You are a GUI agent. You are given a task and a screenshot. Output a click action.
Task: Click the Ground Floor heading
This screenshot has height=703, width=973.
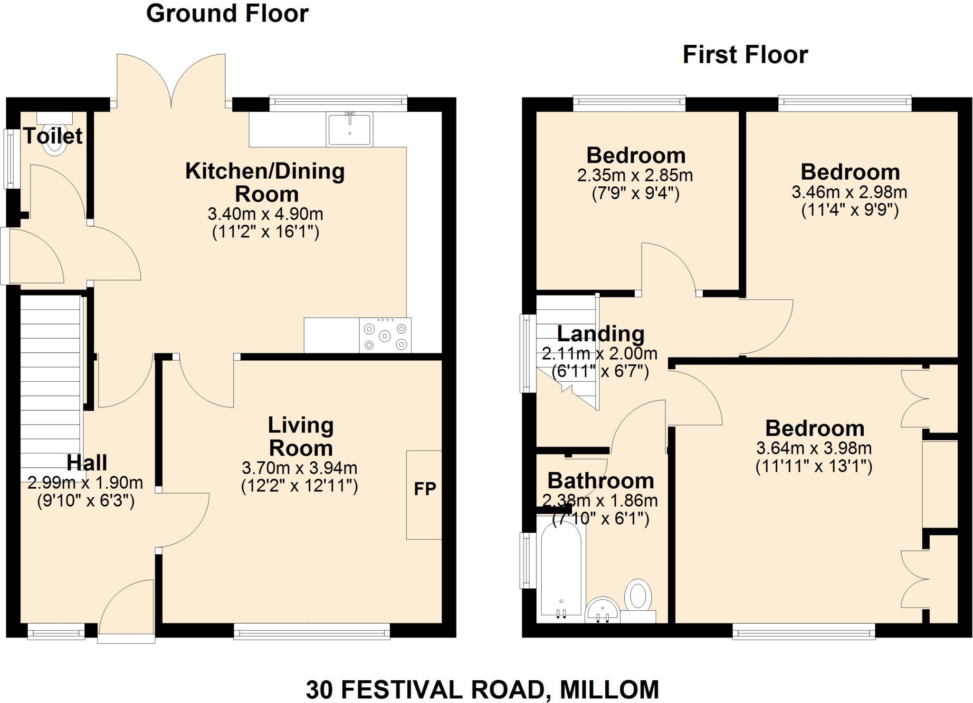click(x=227, y=13)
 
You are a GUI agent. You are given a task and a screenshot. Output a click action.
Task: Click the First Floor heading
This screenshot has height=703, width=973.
click(x=745, y=55)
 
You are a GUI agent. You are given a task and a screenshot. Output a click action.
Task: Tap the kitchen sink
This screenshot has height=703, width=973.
click(x=349, y=129)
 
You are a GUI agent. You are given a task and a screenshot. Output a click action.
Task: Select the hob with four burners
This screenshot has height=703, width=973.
click(x=385, y=336)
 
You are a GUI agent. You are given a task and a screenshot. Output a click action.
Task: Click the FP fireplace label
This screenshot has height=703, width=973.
click(x=425, y=489)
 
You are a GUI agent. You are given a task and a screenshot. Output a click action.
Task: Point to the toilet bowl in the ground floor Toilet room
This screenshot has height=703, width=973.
click(x=54, y=145)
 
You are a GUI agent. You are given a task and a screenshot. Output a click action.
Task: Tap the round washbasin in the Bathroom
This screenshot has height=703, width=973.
click(x=602, y=610)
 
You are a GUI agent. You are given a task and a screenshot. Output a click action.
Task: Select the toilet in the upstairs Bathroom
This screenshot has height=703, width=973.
click(x=638, y=597)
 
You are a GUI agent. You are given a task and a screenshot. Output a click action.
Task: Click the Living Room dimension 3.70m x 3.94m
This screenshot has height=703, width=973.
click(x=299, y=468)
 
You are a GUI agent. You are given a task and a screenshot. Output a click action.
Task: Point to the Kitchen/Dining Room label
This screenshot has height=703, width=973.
click(x=265, y=183)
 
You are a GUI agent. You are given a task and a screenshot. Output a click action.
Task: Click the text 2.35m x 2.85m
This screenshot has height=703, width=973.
click(x=635, y=175)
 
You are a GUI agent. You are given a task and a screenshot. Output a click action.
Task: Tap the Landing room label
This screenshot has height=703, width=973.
click(x=600, y=334)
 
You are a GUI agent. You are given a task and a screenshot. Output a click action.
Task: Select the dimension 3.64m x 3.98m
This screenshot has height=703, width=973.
click(x=813, y=448)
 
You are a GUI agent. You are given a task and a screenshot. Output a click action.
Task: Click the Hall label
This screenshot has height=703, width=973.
click(x=86, y=462)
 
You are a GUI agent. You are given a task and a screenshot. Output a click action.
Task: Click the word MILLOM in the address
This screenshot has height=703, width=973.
click(x=610, y=689)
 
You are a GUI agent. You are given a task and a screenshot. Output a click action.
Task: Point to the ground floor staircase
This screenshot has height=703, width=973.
click(x=50, y=380)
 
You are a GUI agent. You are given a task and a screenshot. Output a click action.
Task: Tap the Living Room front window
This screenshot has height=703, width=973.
click(x=312, y=633)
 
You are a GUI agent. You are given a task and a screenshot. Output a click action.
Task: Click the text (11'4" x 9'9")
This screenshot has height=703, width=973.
click(x=849, y=210)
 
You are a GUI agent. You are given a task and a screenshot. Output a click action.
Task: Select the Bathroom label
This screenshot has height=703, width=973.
click(x=601, y=481)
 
